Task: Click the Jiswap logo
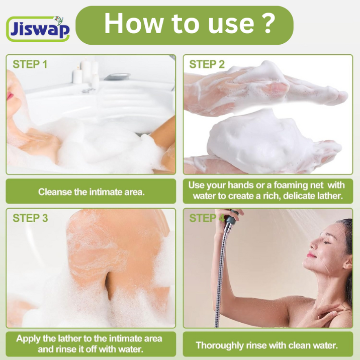[x=38, y=29]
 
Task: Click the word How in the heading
[x=134, y=24]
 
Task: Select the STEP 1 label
[x=30, y=64]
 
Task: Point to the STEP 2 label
[x=207, y=64]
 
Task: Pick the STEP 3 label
[x=30, y=218]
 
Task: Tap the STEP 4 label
[x=207, y=218]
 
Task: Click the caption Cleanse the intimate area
[x=92, y=192]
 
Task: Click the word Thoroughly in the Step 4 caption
[x=220, y=345]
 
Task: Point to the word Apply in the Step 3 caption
[x=28, y=339]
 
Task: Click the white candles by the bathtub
[x=86, y=72]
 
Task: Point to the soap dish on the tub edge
[x=117, y=77]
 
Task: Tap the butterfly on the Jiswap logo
[x=59, y=21]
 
